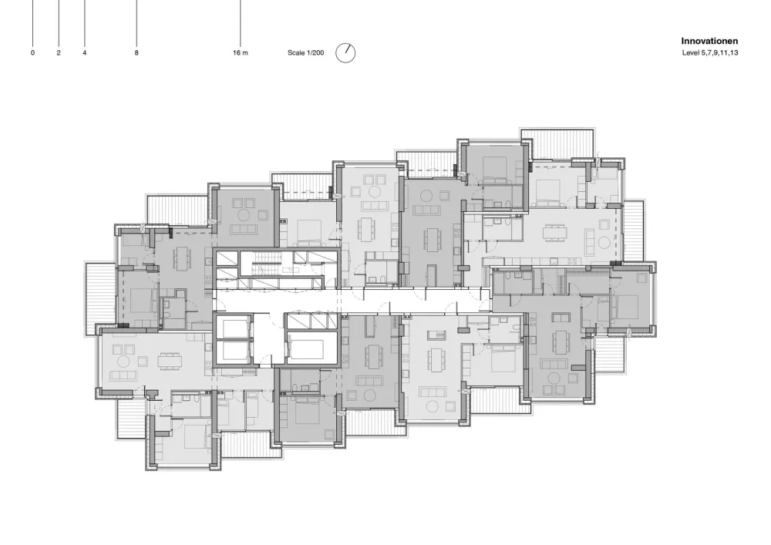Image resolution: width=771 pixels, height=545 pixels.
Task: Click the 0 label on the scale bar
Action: point(33,52)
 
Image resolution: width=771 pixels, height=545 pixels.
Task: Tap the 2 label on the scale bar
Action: point(59,52)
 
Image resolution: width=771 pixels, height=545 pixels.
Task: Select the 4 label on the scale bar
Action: point(85,52)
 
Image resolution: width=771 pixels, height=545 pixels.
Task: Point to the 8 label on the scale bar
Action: point(136,52)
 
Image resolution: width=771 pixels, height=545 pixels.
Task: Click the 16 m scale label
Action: point(241,52)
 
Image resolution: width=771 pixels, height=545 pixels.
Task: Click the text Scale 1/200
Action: point(306,52)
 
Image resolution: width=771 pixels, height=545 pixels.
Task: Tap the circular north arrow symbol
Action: point(345,52)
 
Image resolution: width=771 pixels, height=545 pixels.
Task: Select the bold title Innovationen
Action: point(709,42)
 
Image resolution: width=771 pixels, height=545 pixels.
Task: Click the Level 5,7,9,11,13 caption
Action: point(709,52)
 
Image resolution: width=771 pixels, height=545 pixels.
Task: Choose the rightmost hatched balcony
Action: point(634,231)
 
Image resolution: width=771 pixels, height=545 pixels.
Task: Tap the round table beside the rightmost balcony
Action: point(604,243)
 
